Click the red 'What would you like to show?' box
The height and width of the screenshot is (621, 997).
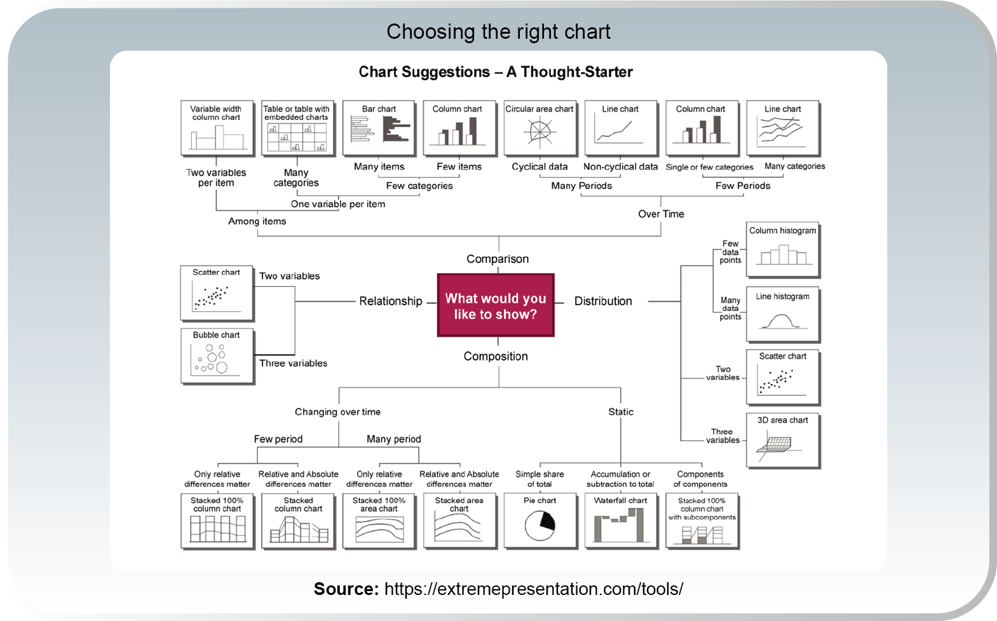(x=496, y=306)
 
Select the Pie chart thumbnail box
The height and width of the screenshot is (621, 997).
(x=539, y=521)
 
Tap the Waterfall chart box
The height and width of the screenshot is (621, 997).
(x=620, y=521)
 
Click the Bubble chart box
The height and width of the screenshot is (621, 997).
(x=217, y=355)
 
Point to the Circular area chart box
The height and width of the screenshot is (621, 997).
(x=539, y=128)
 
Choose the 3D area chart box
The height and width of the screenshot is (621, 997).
(x=782, y=440)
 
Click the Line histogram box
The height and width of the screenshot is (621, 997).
(x=782, y=315)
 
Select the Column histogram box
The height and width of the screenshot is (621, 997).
(x=782, y=249)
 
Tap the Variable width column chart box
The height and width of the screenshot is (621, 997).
(x=217, y=128)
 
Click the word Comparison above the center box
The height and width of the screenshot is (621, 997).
(x=498, y=259)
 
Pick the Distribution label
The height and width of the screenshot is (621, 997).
(x=603, y=301)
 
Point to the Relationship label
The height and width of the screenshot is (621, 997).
(x=390, y=301)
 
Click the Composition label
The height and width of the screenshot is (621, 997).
(x=496, y=357)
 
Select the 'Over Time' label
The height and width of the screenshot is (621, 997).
(x=661, y=214)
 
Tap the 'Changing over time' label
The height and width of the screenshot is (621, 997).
(x=337, y=412)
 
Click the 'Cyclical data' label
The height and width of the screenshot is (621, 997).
(x=539, y=167)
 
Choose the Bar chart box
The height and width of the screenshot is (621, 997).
(x=379, y=128)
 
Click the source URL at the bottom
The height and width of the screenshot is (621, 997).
(x=534, y=589)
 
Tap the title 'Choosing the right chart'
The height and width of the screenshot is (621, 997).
(x=498, y=32)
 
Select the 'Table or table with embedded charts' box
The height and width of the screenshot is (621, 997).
(x=297, y=128)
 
